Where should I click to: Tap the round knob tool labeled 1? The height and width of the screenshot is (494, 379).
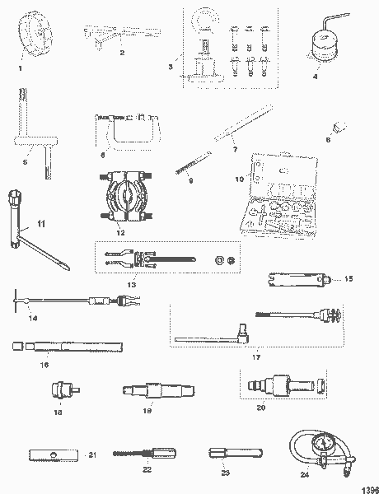point(32,38)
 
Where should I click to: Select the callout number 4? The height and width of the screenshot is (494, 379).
point(315,77)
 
